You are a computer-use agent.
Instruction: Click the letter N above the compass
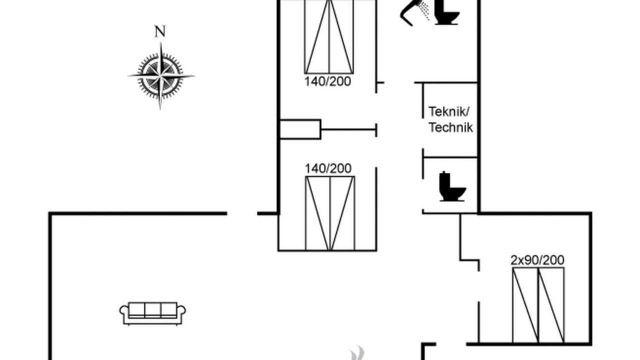(160, 31)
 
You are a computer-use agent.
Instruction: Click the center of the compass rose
(160, 76)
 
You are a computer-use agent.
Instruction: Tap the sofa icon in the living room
(152, 313)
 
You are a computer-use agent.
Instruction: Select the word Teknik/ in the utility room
(449, 111)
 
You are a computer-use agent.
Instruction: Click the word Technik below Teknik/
(451, 127)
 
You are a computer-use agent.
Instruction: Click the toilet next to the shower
(446, 12)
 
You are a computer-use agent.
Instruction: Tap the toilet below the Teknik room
(452, 186)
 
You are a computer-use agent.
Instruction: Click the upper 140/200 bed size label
(327, 81)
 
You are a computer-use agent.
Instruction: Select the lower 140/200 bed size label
(328, 168)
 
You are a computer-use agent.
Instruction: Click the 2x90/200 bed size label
(537, 260)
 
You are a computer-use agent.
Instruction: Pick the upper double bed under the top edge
(329, 36)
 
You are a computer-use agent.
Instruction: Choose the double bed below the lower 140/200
(330, 213)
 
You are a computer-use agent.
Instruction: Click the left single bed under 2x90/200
(525, 305)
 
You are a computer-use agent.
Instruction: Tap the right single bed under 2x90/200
(551, 305)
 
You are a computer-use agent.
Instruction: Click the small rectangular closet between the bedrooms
(300, 129)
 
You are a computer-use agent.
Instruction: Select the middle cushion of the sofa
(152, 309)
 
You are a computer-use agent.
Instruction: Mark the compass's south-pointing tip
(160, 109)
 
